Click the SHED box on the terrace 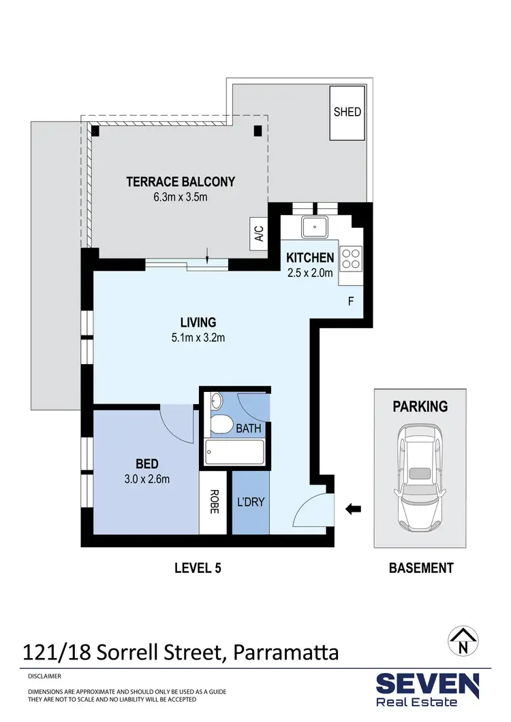(x=347, y=113)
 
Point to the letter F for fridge (x=351, y=300)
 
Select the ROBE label (x=214, y=502)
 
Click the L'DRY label (x=250, y=502)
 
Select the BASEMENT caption (x=420, y=568)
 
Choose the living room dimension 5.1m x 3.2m (x=198, y=336)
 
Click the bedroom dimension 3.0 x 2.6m (x=147, y=478)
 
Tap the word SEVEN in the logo (x=427, y=684)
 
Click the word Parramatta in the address (x=286, y=653)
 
